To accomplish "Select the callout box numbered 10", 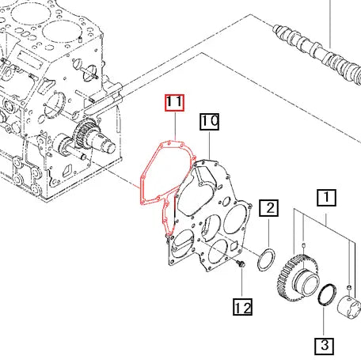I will point(209,122).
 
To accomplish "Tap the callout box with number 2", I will point(270,209).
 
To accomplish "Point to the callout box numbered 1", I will point(327,196).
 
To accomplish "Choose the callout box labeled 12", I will point(242,305).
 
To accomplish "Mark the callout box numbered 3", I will point(324,345).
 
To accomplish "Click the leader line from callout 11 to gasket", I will point(174,127).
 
